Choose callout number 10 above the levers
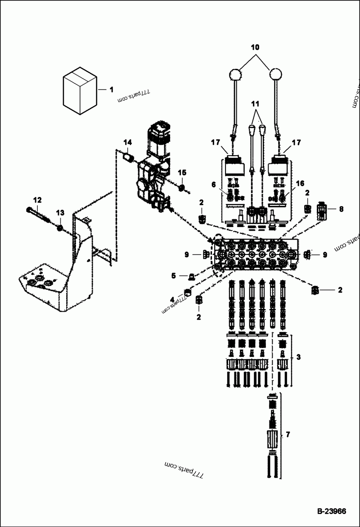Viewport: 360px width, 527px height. tap(255, 46)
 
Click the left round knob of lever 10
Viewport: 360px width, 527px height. tap(235, 75)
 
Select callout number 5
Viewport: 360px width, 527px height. tap(173, 275)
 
